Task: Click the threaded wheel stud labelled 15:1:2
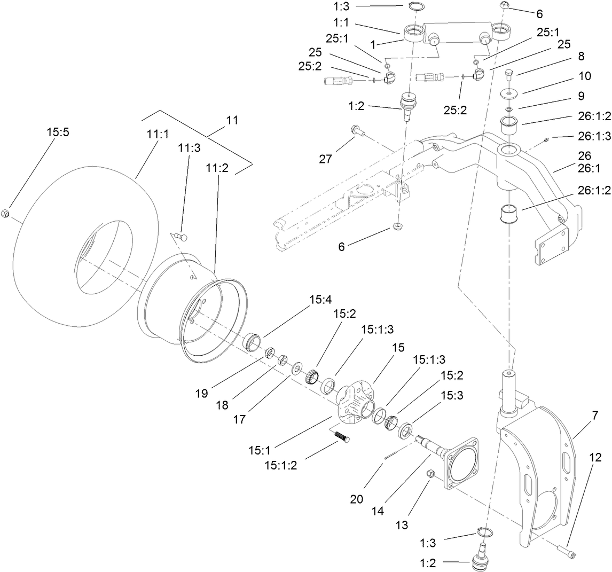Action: click(340, 437)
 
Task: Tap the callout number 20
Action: click(357, 499)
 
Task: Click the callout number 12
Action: click(595, 457)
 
